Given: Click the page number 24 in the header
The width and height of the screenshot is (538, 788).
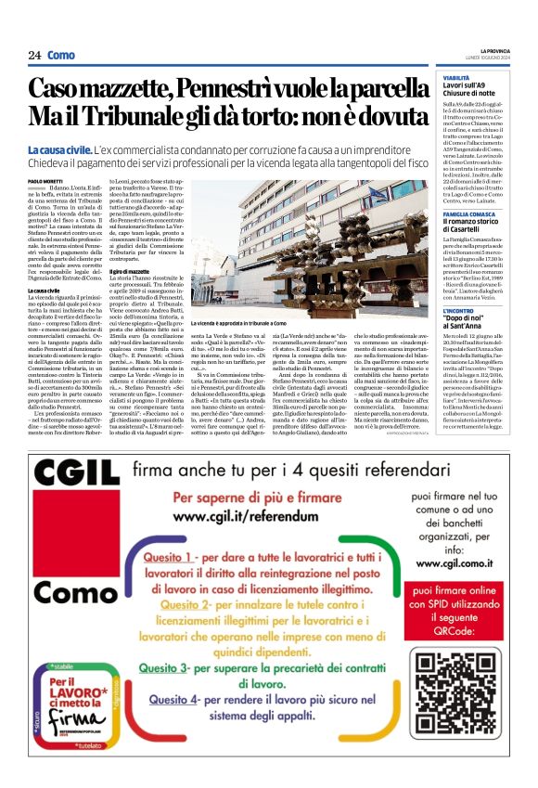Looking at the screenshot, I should point(34,55).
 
